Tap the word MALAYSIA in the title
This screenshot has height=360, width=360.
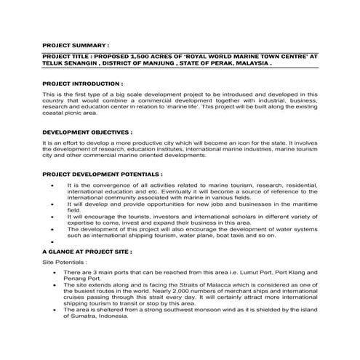pos(249,63)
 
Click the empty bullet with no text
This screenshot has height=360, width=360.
pos(53,242)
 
